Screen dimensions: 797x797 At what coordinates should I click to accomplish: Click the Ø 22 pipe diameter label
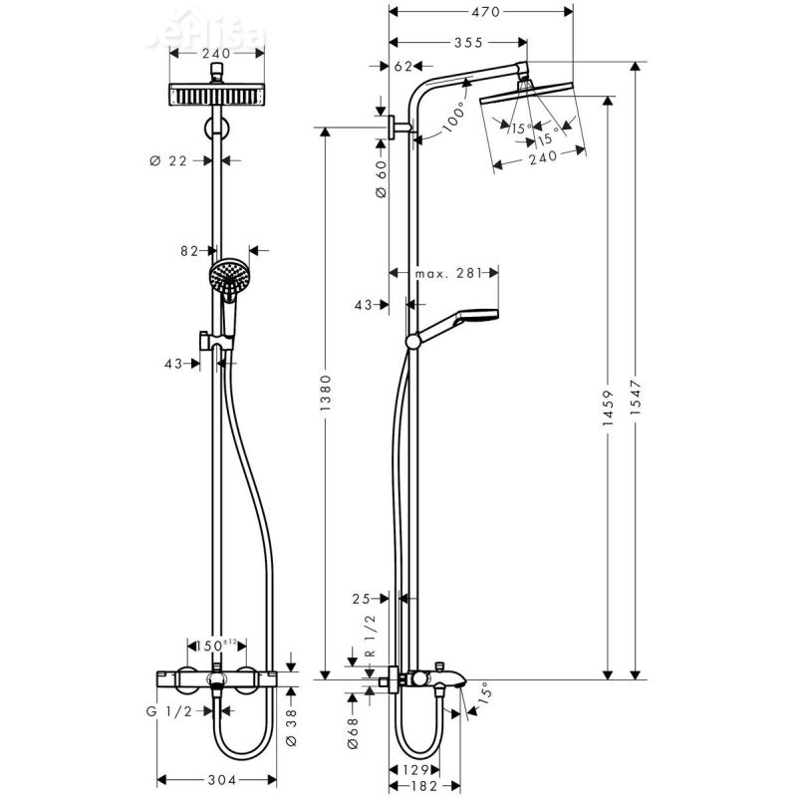(x=169, y=160)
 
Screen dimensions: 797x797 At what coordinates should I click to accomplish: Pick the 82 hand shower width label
(x=191, y=251)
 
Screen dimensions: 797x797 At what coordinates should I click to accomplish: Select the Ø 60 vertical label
(x=380, y=178)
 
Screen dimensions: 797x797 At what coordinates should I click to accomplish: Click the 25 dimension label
(x=361, y=599)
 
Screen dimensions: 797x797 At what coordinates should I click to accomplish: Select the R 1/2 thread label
(x=369, y=635)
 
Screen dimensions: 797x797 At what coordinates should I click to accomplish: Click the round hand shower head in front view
(x=228, y=274)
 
